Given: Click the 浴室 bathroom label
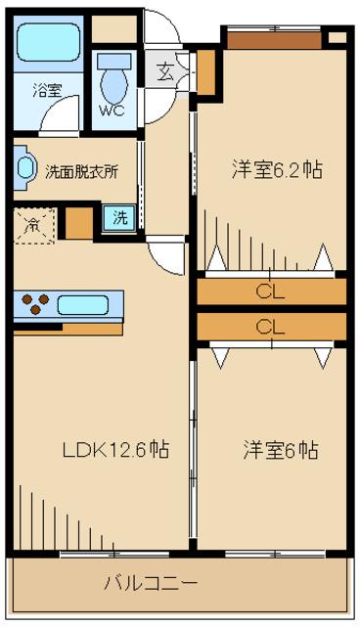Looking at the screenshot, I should click(45, 90).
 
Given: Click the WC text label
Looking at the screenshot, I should click(112, 111).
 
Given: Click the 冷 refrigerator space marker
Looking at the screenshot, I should click(31, 224).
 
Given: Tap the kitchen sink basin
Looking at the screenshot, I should click(87, 305).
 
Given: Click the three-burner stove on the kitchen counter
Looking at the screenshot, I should click(34, 305).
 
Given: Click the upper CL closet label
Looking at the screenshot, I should click(271, 291).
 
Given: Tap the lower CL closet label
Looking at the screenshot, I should click(271, 326).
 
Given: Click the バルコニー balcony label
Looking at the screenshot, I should click(152, 583).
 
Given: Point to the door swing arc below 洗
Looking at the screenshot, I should click(166, 257).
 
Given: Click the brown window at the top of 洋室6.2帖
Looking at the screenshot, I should click(272, 38).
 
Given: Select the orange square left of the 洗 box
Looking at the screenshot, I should click(77, 222).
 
